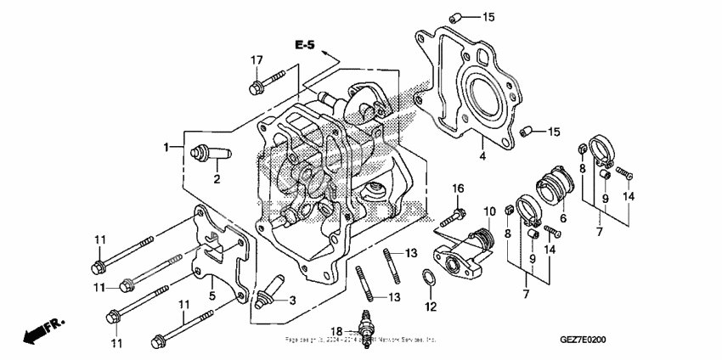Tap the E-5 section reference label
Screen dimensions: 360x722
305,44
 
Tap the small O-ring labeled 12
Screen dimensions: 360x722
430,278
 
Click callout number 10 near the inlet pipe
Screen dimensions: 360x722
489,211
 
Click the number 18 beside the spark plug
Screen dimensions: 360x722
337,331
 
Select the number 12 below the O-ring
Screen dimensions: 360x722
431,306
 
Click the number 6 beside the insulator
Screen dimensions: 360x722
561,217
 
